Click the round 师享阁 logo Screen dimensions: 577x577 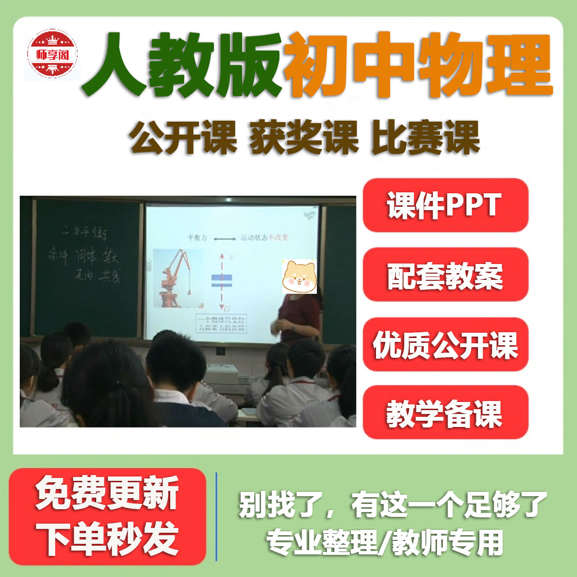coord(52,54)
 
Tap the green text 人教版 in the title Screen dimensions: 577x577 coord(183,65)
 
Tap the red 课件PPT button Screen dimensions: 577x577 coord(445,205)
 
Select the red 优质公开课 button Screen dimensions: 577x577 coord(445,345)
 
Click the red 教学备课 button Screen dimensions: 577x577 coord(445,413)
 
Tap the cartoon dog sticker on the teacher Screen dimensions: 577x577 coord(299,276)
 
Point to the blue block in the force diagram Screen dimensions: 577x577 coord(222,280)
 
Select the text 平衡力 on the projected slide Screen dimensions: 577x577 coord(197,238)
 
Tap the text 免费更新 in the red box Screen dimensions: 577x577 coord(107,493)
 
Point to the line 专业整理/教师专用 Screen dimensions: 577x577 coord(385,542)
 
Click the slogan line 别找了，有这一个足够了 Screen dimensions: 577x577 coord(392,505)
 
